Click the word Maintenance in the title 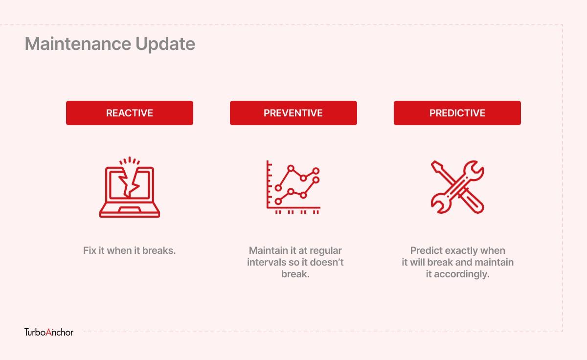(78, 44)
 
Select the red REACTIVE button (130, 113)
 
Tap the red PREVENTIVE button (293, 113)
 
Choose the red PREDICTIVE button (457, 113)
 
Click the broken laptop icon (130, 187)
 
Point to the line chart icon (293, 187)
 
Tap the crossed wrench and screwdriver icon (457, 187)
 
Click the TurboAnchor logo (49, 332)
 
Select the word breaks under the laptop (159, 250)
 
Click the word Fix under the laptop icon (90, 250)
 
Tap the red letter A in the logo (49, 332)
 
